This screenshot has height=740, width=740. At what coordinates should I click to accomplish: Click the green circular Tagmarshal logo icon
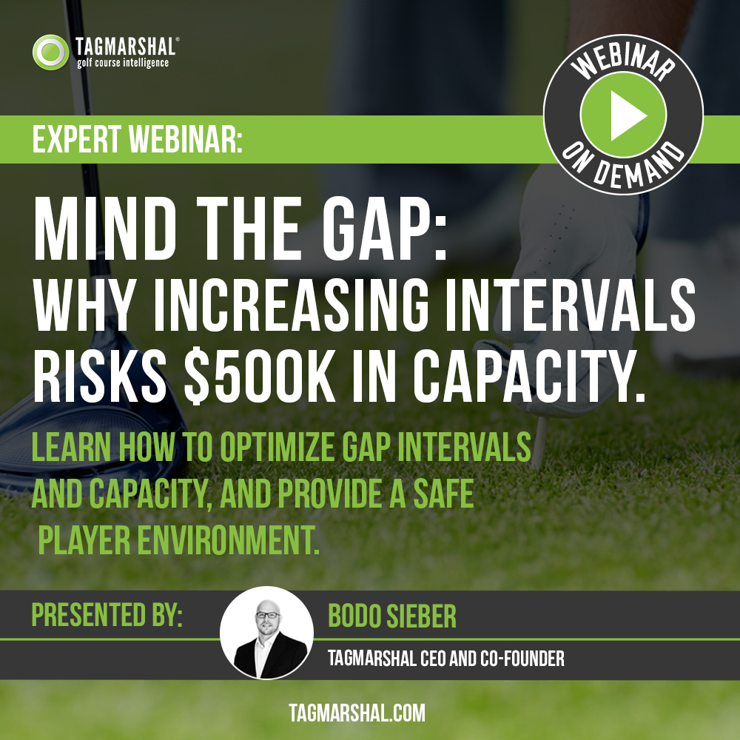(x=50, y=52)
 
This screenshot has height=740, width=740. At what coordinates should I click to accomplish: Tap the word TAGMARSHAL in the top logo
(x=125, y=47)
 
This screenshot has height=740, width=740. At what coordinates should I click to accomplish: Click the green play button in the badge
(x=623, y=114)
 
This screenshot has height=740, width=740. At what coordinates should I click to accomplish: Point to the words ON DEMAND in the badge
(x=623, y=165)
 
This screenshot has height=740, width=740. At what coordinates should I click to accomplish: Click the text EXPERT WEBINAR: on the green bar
(x=138, y=139)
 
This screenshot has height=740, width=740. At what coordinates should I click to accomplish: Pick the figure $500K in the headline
(x=259, y=376)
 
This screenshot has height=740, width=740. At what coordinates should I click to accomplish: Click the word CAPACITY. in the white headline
(x=529, y=376)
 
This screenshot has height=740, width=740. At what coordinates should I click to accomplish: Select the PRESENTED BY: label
(x=107, y=614)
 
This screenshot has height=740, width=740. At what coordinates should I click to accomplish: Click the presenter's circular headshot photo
(x=266, y=633)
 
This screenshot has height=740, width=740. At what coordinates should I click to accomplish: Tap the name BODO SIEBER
(x=391, y=616)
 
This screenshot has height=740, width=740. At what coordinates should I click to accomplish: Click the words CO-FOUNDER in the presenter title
(x=522, y=659)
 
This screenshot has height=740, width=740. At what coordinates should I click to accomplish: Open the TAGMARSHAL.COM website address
(x=357, y=713)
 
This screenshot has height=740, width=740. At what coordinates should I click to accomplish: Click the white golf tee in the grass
(x=539, y=443)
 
